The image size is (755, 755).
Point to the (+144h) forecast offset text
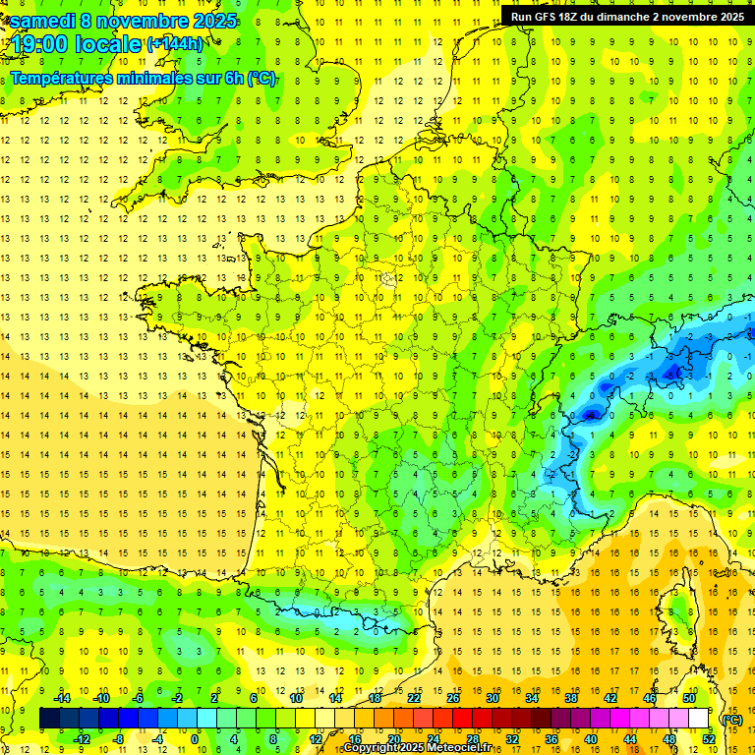[x=175, y=43]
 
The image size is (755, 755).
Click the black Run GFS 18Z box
[x=627, y=16]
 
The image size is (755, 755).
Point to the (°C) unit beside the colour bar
[x=731, y=720]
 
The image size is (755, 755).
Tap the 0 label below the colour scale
[x=195, y=739]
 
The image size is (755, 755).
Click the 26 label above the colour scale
[x=453, y=698]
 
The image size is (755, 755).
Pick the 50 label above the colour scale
[x=689, y=698]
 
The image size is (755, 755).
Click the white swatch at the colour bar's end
[x=699, y=719]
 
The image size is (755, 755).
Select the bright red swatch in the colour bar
[x=463, y=719]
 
